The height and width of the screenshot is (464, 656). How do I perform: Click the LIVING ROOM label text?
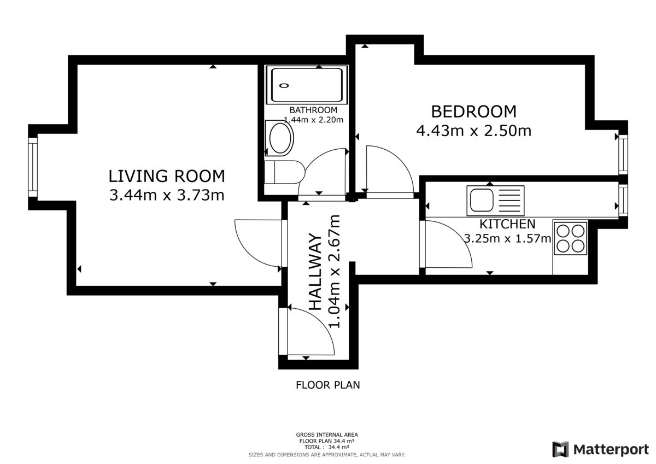coord(167,176)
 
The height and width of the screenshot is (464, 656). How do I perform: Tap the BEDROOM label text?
coord(473,111)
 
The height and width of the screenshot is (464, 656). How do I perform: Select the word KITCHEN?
coord(507,224)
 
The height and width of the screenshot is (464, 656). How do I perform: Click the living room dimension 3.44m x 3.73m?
coord(167,195)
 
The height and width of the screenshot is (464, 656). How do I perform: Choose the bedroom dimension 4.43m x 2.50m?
coord(473,131)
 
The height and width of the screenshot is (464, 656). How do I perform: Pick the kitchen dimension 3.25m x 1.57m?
coord(507,238)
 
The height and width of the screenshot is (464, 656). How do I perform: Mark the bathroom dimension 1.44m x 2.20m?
coord(313,120)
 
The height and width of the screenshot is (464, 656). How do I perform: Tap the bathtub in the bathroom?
coord(306,85)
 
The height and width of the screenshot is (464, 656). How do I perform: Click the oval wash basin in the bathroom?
coord(280,138)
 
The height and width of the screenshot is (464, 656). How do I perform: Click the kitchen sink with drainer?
coord(495,200)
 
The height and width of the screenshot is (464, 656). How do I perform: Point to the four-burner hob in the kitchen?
coord(571,238)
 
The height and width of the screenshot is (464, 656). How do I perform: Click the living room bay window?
coord(33,167)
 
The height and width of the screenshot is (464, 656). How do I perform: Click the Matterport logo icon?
coord(560,449)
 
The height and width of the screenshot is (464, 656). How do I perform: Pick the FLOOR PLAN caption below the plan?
coord(327,385)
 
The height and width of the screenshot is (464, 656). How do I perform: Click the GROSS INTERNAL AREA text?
coord(327,435)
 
